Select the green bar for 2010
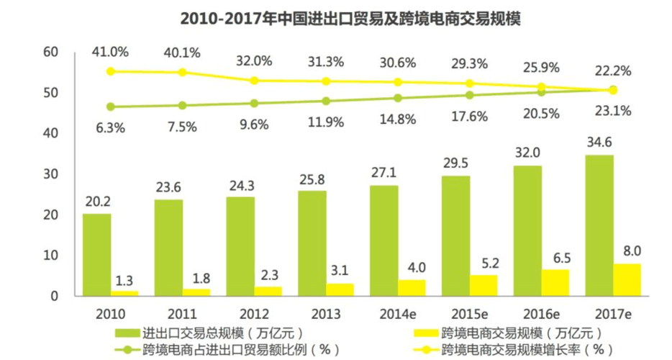click(x=96, y=255)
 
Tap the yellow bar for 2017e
click(x=627, y=280)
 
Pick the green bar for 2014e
click(x=383, y=240)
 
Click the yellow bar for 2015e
click(x=483, y=285)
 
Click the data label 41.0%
click(x=110, y=52)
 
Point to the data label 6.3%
click(x=110, y=127)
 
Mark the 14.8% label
click(x=397, y=120)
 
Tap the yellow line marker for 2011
click(x=182, y=72)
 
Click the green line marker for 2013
click(x=325, y=101)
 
